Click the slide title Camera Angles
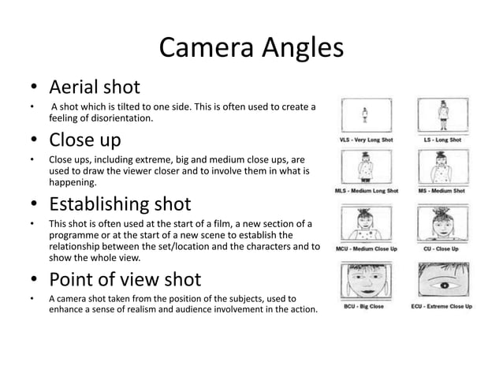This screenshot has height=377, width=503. coord(251,48)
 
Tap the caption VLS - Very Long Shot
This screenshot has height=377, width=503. coord(367,140)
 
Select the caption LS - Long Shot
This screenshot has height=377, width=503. coord(442,140)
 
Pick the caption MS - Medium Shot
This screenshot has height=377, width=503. coord(442,191)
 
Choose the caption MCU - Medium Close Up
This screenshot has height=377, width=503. coord(368,249)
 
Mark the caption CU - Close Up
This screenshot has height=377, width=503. coord(443,249)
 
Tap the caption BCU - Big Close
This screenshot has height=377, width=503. coord(362,306)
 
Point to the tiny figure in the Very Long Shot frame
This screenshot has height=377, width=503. coord(366,115)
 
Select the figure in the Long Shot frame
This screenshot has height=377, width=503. coord(442,115)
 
